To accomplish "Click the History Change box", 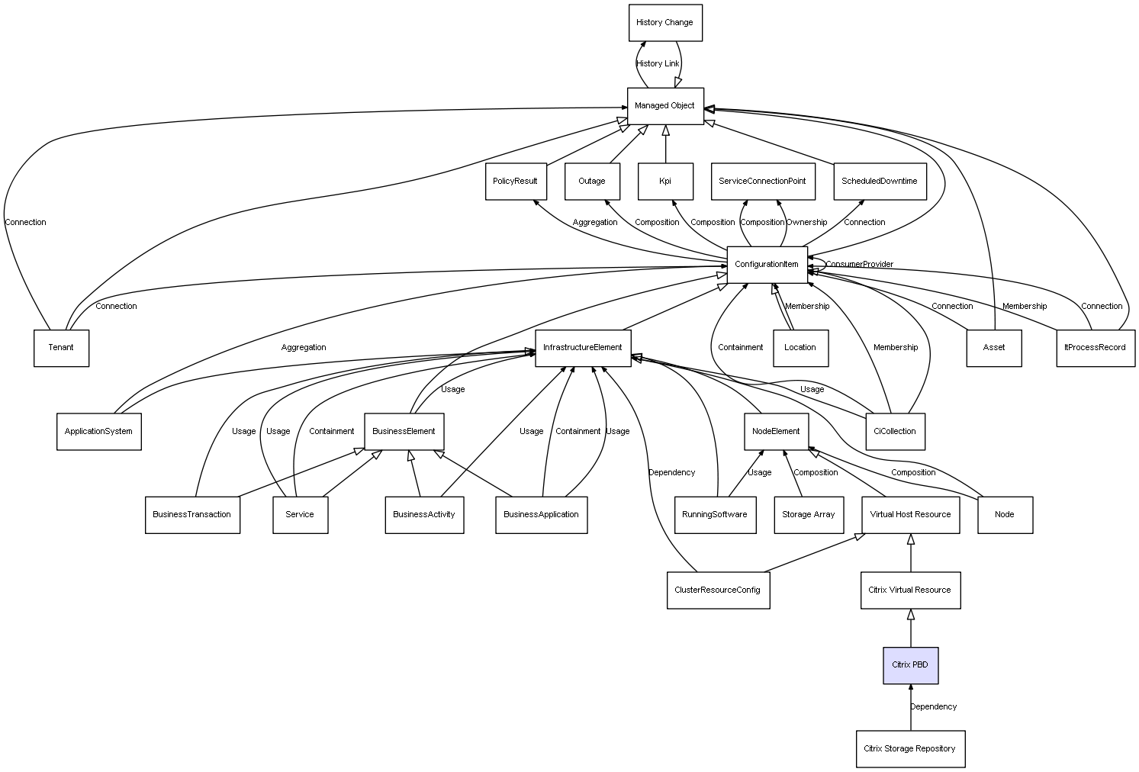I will click(664, 23).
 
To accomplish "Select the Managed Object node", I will click(664, 106).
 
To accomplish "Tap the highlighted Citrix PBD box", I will click(910, 665).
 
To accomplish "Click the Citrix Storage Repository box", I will click(909, 749).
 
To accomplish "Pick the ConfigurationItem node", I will click(767, 265).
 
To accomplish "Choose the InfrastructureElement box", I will click(583, 348).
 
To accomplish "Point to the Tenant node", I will click(61, 348).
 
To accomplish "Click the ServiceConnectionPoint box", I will click(762, 182).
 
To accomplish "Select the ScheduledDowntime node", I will click(879, 182).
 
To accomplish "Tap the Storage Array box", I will click(808, 515).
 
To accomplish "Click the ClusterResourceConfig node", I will click(718, 590).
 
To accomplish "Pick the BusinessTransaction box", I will click(192, 515).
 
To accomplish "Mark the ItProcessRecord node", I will click(1095, 348).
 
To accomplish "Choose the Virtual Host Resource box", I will click(910, 515).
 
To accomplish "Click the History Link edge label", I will click(658, 64).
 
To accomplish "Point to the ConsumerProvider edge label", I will click(859, 265).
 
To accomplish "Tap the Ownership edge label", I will click(806, 223).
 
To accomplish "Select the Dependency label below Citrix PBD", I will click(933, 707).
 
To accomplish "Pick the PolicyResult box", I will click(516, 182).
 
